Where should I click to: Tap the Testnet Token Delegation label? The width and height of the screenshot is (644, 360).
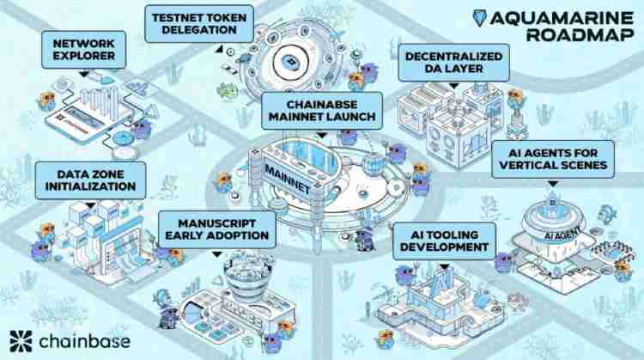pyautogui.click(x=191, y=21)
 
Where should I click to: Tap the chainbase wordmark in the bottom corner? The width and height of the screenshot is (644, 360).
pyautogui.click(x=82, y=341)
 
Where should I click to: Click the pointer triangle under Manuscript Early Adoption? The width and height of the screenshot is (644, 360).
pyautogui.click(x=215, y=253)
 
